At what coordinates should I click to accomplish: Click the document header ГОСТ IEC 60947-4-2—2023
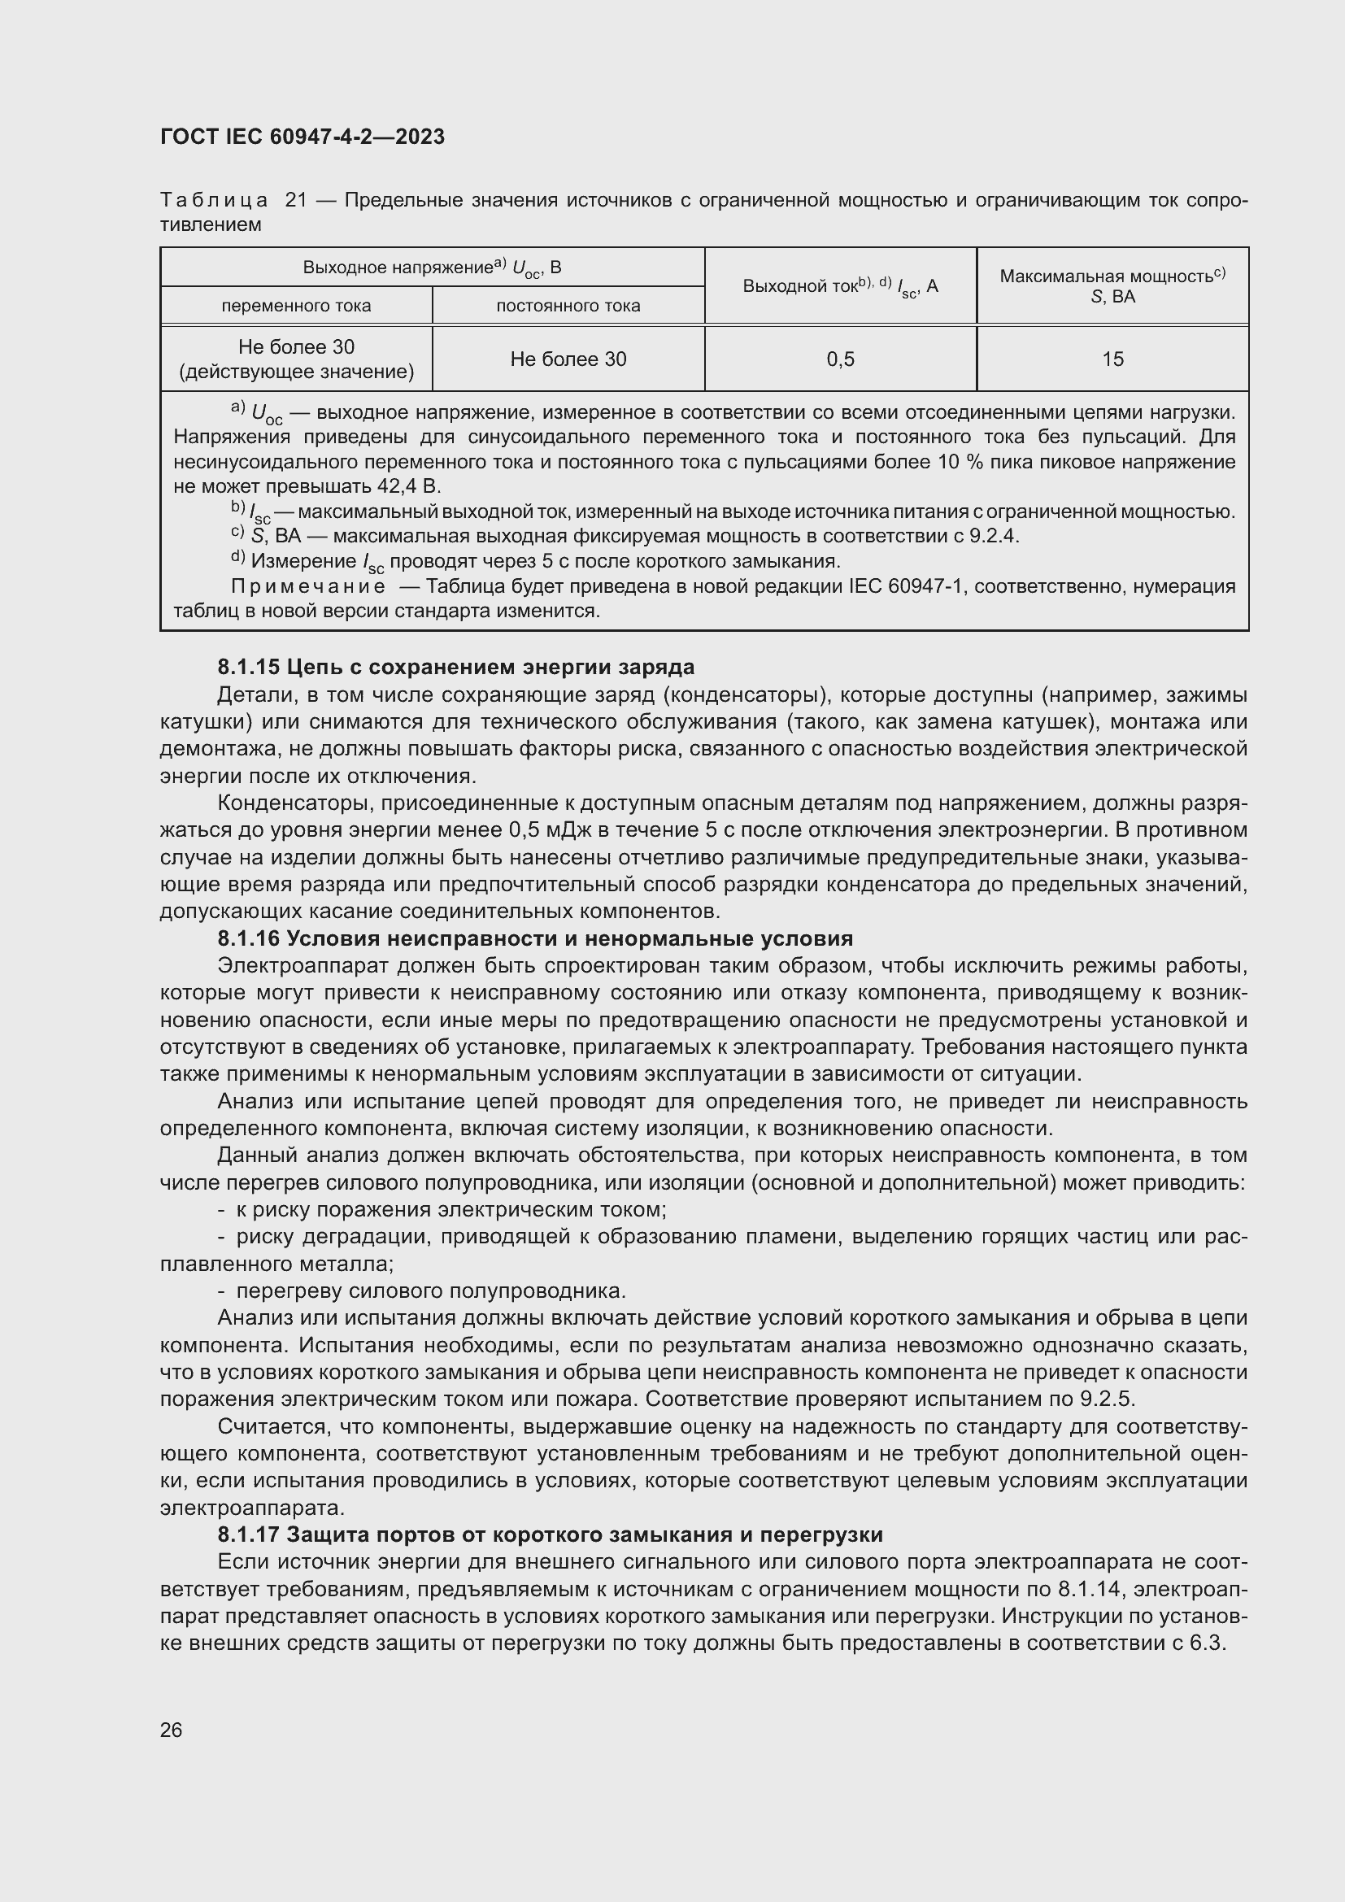(x=303, y=137)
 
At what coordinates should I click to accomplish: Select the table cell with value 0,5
(x=840, y=359)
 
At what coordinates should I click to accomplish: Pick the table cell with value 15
(x=1112, y=359)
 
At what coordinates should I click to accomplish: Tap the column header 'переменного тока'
(x=296, y=306)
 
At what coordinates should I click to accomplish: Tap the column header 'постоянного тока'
(x=568, y=306)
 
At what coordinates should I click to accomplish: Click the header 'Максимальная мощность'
(x=1107, y=276)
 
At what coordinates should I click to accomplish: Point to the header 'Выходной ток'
(x=799, y=286)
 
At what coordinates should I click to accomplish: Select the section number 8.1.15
(x=248, y=667)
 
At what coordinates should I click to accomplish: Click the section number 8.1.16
(x=248, y=938)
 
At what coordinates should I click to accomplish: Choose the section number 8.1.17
(x=248, y=1534)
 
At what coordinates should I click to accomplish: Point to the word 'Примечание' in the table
(x=308, y=586)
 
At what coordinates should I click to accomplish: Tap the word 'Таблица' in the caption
(x=214, y=201)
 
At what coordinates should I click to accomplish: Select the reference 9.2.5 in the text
(x=1107, y=1399)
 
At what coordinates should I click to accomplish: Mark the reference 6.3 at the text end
(x=1207, y=1643)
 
